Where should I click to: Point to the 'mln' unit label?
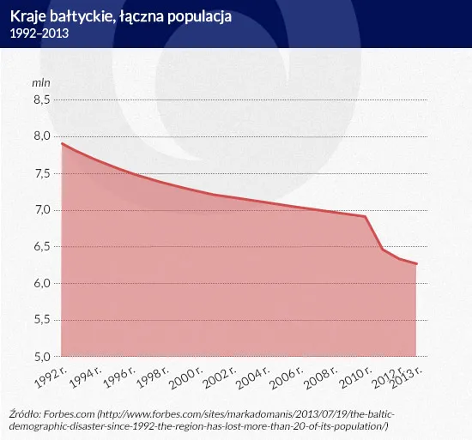click(x=41, y=83)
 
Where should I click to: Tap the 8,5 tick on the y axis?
click(x=42, y=99)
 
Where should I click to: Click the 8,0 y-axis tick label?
click(x=42, y=136)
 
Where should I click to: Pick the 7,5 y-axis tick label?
click(x=42, y=173)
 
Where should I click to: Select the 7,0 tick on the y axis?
click(x=42, y=210)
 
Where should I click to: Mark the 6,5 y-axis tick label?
click(x=42, y=247)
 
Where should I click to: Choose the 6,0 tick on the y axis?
click(x=42, y=284)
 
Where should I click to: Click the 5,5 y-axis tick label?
click(x=42, y=321)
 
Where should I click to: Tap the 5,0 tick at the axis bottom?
click(x=42, y=357)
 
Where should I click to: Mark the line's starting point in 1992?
click(x=63, y=143)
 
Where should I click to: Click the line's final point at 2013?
click(x=416, y=264)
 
